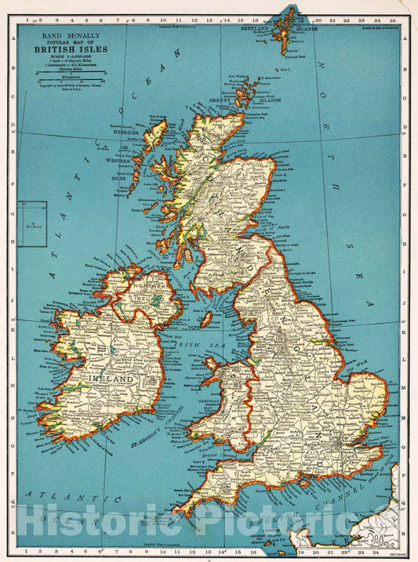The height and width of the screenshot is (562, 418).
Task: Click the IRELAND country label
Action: pyautogui.click(x=113, y=378)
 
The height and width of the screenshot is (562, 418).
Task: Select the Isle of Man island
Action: pyautogui.click(x=207, y=319)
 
